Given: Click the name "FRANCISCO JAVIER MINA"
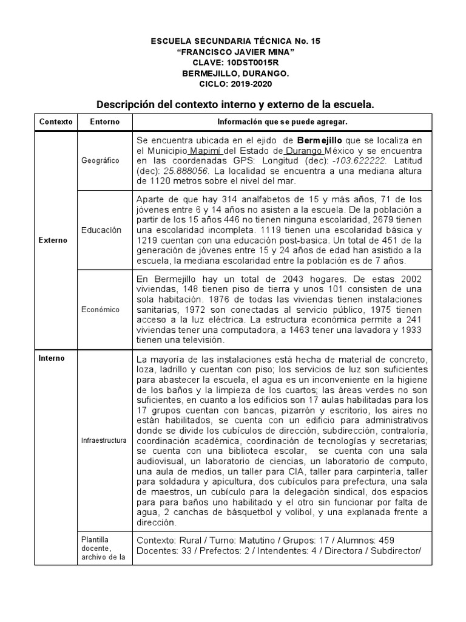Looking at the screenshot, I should [235, 52].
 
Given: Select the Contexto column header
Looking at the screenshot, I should [55, 121].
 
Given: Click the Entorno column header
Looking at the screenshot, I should [104, 121].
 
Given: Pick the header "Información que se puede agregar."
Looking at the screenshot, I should [282, 121].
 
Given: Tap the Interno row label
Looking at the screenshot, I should [52, 358].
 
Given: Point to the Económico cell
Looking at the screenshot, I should [101, 309].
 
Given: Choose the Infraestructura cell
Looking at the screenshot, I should [104, 440].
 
